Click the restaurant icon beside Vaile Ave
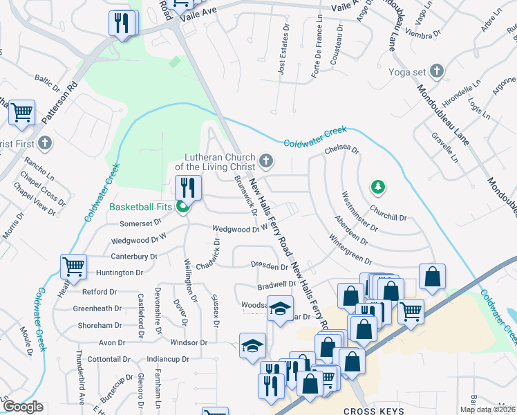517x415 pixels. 123,24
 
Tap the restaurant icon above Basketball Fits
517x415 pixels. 187,187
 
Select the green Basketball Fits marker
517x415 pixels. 183,206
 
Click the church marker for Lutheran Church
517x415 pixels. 265,163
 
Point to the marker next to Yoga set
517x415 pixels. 436,71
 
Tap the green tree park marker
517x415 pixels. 377,186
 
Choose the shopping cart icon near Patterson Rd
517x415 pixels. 21,112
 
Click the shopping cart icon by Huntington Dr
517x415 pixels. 73,266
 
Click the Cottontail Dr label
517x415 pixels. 109,360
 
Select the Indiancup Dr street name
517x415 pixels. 169,360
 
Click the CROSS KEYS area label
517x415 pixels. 373,409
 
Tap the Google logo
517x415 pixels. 23,407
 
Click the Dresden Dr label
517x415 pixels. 269,266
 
